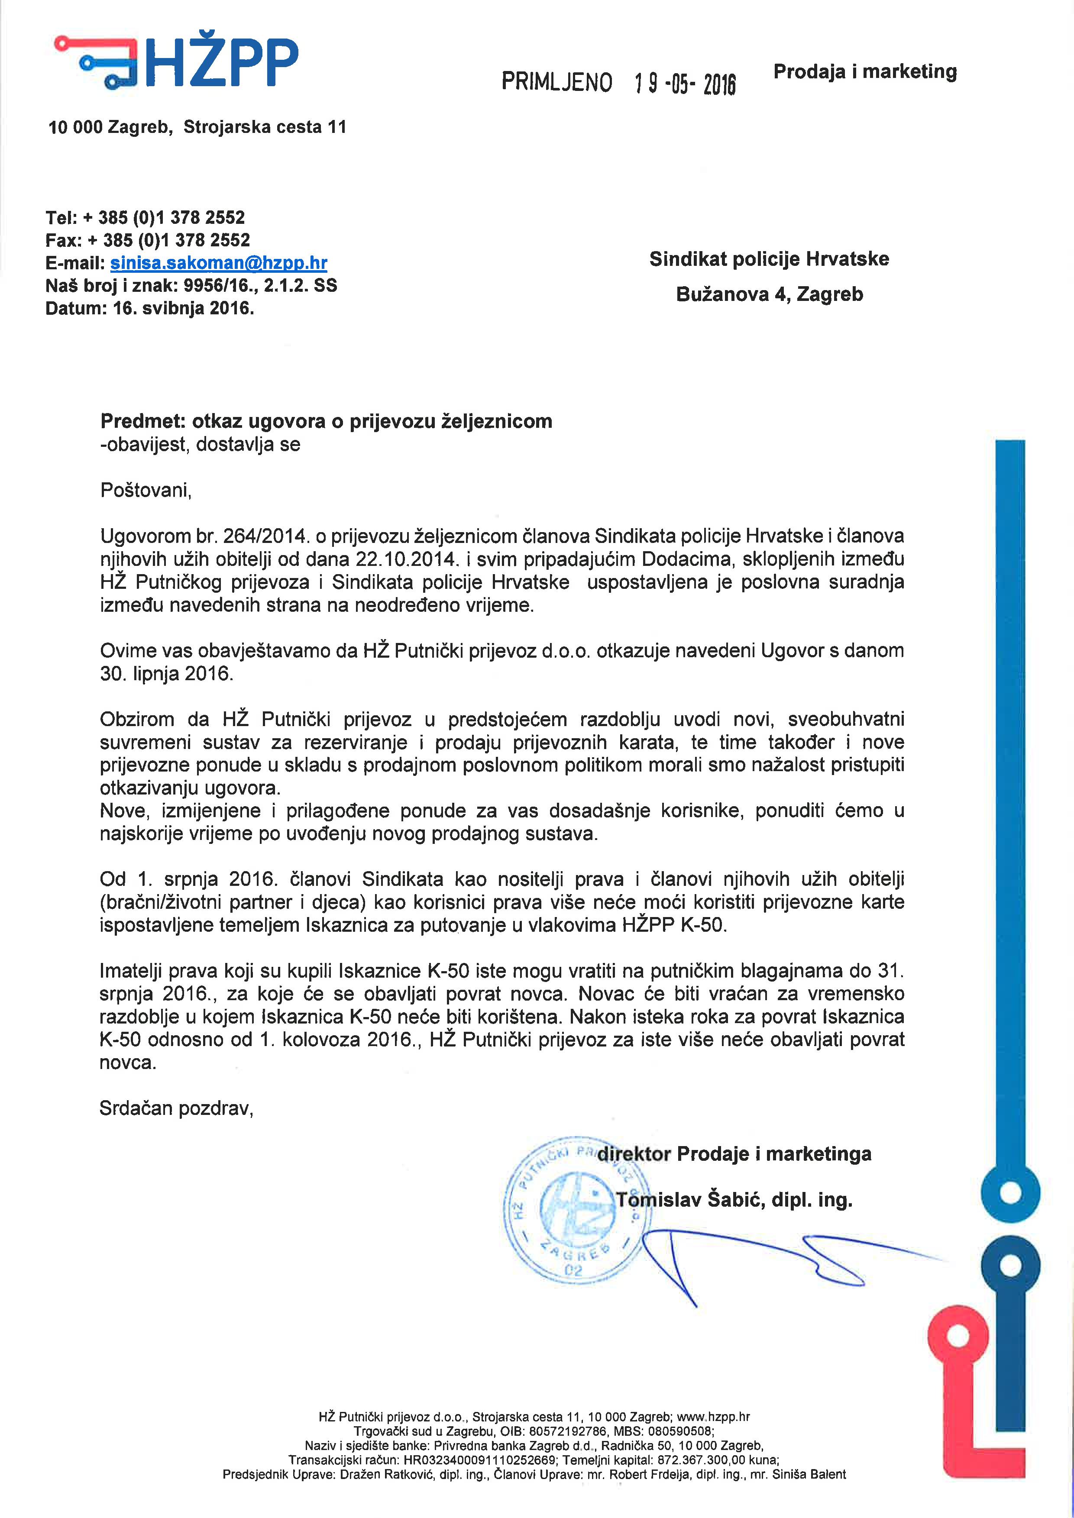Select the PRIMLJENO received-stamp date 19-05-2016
pos(685,83)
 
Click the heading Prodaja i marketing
pos(865,71)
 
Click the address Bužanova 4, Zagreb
pos(769,294)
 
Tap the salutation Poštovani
pos(146,490)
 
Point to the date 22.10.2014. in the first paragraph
pos(406,559)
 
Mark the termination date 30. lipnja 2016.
pos(167,674)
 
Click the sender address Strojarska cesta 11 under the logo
pos(265,127)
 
